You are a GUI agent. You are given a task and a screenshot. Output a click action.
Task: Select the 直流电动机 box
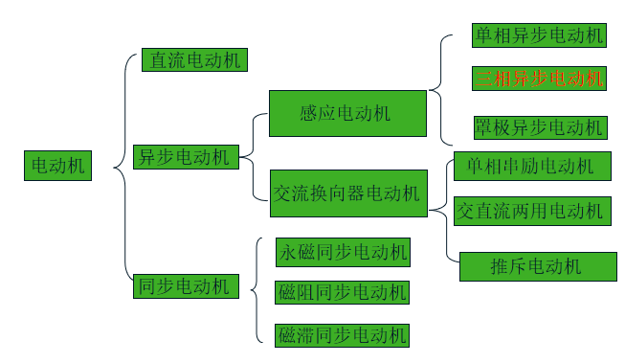point(194,59)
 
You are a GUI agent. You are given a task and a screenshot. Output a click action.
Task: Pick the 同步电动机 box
point(185,285)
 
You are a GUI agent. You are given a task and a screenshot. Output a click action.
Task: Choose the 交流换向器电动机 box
point(346,193)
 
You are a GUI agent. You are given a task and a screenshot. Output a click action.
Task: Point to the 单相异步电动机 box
point(539,36)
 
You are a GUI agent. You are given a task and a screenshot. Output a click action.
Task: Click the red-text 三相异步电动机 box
point(539,78)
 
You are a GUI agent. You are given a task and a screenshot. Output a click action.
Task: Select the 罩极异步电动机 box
point(539,127)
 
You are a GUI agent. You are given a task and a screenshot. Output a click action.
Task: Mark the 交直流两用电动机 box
point(532,210)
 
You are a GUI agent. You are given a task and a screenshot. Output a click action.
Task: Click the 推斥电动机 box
point(536,266)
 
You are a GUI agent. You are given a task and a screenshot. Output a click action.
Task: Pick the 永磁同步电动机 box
point(342,252)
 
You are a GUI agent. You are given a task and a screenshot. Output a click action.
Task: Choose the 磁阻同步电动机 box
point(342,292)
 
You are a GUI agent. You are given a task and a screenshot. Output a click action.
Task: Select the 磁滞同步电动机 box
point(342,334)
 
